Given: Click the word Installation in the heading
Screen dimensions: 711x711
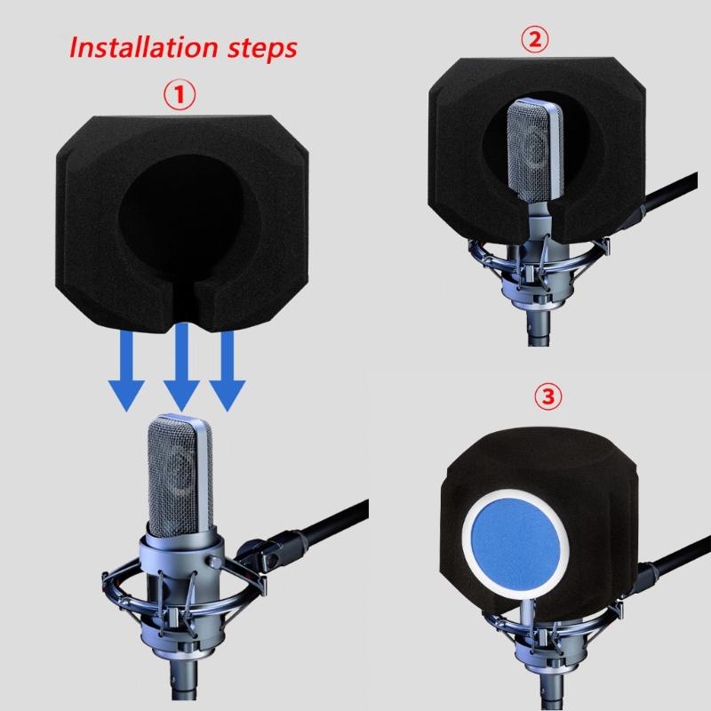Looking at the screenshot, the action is click(x=144, y=47).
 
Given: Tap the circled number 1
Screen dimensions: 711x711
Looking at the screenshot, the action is click(x=180, y=95).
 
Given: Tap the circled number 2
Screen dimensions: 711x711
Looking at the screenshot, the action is click(x=535, y=39).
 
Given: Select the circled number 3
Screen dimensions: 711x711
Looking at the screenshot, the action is click(x=548, y=396).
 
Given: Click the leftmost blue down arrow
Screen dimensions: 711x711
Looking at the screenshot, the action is click(x=126, y=371).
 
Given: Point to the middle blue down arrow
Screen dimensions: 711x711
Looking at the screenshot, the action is click(x=181, y=367).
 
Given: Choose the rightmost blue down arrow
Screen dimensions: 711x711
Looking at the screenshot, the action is click(x=228, y=371).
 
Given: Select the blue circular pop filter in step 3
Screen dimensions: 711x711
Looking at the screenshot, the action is click(x=515, y=543).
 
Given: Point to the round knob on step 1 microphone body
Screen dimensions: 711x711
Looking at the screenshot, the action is click(x=214, y=563).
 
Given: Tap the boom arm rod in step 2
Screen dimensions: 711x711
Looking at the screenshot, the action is click(x=670, y=192).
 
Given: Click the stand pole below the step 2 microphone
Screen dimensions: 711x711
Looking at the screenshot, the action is click(x=539, y=330).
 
